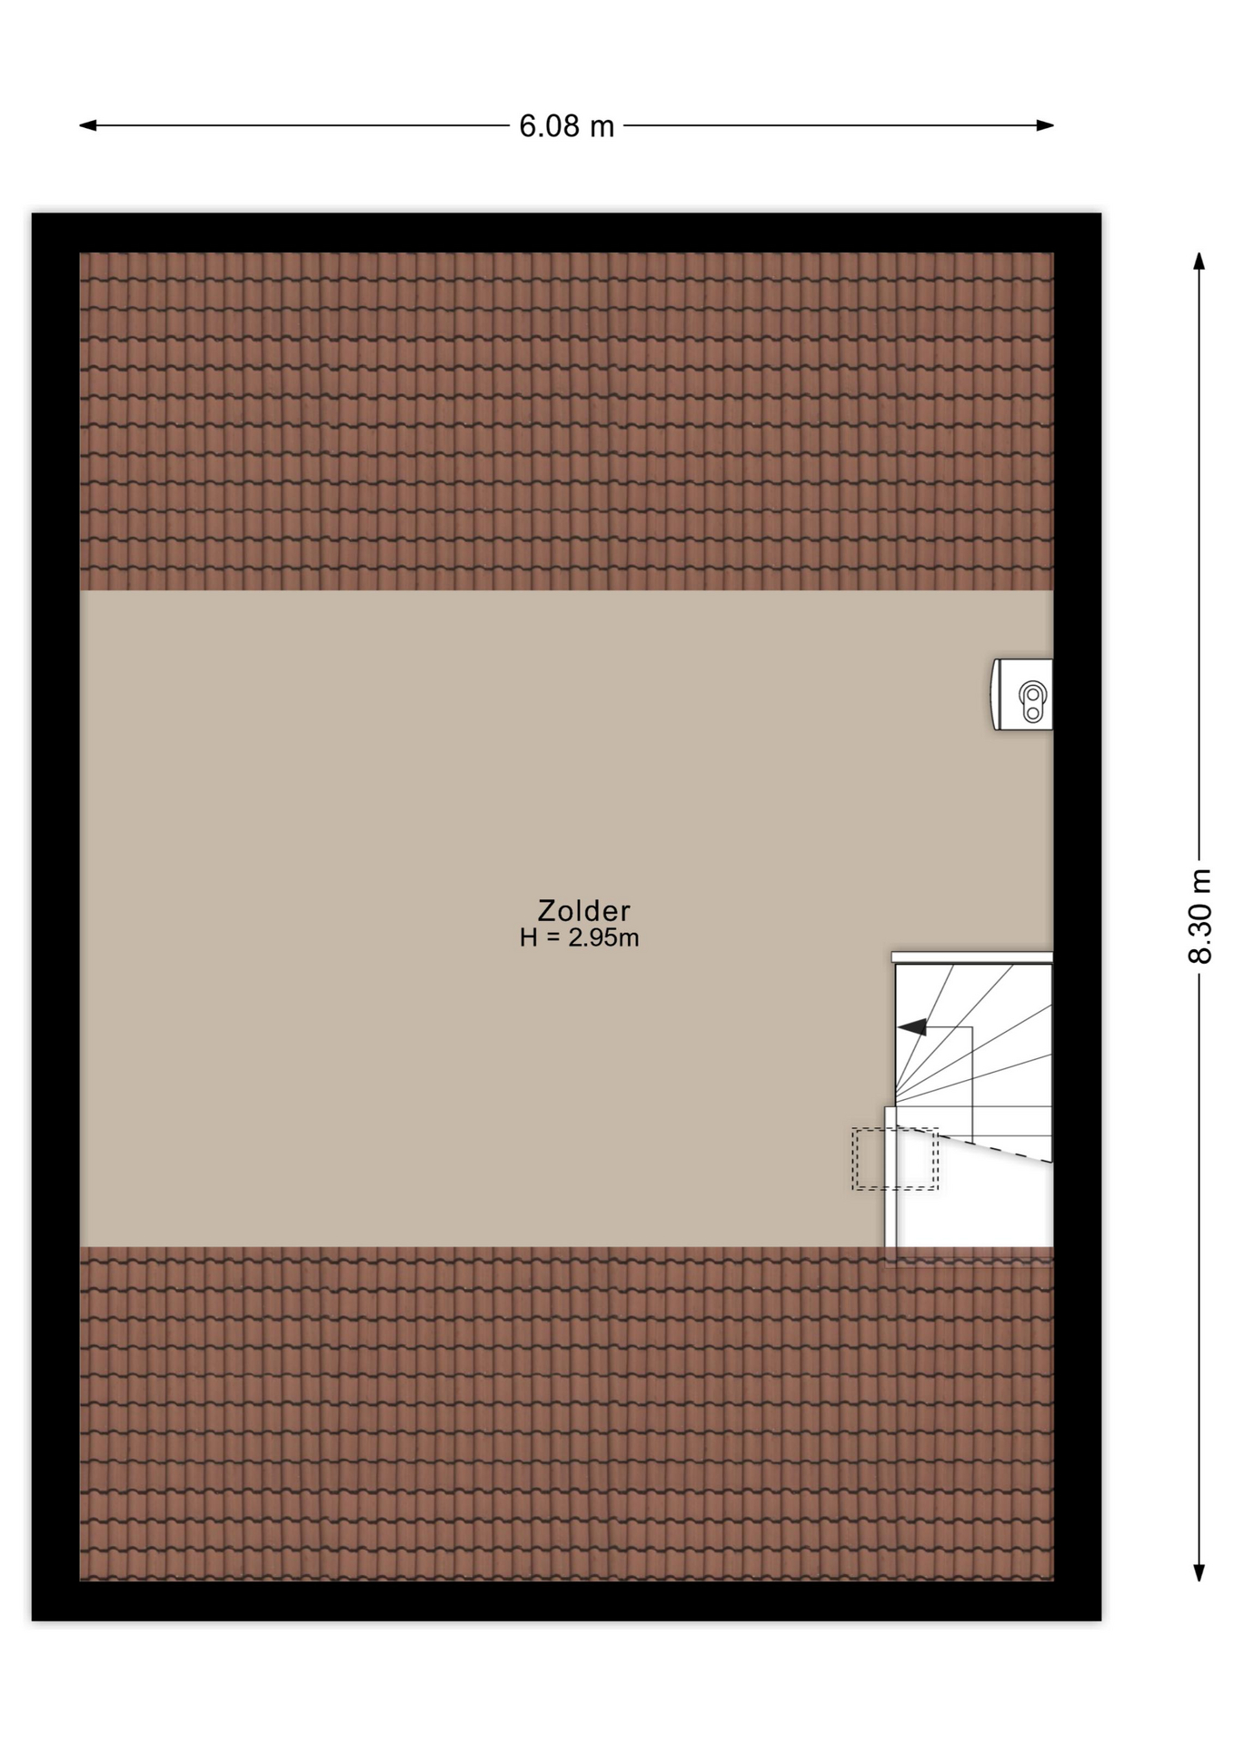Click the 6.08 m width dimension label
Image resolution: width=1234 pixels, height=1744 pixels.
click(x=566, y=126)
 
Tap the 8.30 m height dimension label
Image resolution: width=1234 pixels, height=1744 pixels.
click(x=1199, y=916)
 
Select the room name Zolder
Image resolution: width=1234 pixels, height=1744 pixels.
click(x=583, y=910)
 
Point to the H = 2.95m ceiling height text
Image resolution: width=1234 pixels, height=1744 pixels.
click(x=579, y=938)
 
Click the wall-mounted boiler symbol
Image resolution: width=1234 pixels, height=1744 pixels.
click(x=1021, y=695)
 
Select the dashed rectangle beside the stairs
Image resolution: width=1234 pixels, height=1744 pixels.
click(x=895, y=1159)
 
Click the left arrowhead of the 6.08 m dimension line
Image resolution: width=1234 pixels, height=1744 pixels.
click(x=88, y=125)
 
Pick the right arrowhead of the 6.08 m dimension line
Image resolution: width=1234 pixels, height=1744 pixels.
click(x=1045, y=125)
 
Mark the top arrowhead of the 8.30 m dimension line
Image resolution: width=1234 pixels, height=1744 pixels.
click(x=1199, y=262)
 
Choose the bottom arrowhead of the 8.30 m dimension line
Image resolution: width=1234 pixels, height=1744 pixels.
click(x=1199, y=1572)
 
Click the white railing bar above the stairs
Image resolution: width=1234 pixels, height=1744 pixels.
click(x=972, y=957)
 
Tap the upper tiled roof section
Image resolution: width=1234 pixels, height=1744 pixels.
click(x=566, y=421)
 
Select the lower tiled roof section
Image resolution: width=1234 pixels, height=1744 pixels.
click(x=566, y=1413)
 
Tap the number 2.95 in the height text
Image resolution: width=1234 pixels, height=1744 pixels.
click(x=592, y=938)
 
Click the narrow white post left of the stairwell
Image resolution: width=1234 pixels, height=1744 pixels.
click(x=891, y=1176)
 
